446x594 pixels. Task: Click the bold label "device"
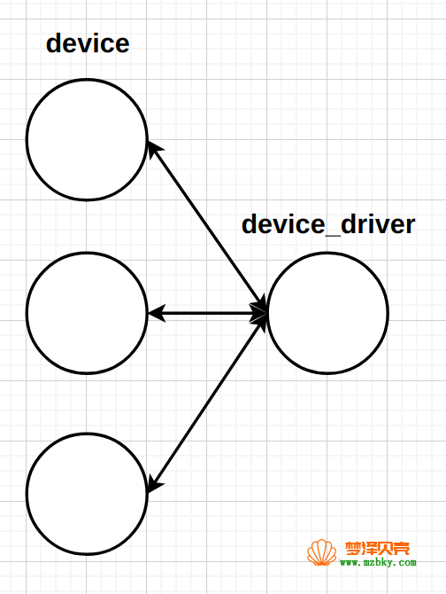click(x=88, y=43)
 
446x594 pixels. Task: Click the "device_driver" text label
click(x=328, y=224)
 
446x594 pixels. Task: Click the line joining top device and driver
click(x=207, y=227)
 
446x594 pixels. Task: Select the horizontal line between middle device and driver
click(x=207, y=313)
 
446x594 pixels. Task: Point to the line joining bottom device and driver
click(x=207, y=403)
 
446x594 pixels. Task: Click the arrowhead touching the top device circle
click(x=154, y=149)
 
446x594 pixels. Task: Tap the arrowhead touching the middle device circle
click(x=157, y=313)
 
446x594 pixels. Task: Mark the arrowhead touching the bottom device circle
click(x=154, y=485)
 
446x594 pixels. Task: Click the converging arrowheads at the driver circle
click(x=260, y=313)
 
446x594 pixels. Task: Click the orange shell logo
click(x=321, y=552)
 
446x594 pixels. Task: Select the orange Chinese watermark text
click(x=377, y=549)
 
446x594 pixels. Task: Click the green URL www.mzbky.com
click(x=378, y=562)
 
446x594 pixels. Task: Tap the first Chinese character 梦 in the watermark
click(x=353, y=549)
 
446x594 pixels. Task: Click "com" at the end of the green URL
click(x=407, y=563)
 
